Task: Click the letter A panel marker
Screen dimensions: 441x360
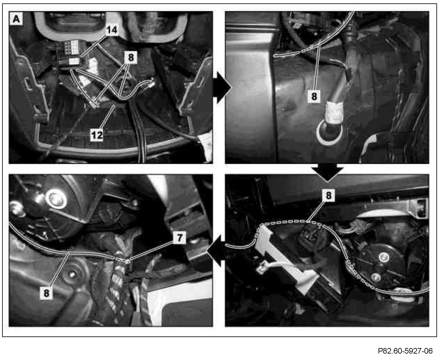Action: click(16, 19)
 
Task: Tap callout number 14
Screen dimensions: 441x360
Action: click(112, 30)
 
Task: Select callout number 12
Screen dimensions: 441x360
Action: click(97, 135)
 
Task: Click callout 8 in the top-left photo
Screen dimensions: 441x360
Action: click(131, 57)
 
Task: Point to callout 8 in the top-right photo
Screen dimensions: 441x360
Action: click(314, 96)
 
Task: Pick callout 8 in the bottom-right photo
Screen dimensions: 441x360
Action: click(329, 196)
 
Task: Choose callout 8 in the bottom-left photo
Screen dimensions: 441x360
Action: click(46, 293)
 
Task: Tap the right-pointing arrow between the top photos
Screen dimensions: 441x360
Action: click(222, 88)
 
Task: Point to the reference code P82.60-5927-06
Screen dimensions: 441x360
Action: click(405, 351)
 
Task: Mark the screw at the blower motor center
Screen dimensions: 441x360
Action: click(384, 257)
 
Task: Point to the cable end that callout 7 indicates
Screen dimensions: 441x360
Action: click(127, 261)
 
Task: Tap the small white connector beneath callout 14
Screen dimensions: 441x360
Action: click(74, 61)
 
